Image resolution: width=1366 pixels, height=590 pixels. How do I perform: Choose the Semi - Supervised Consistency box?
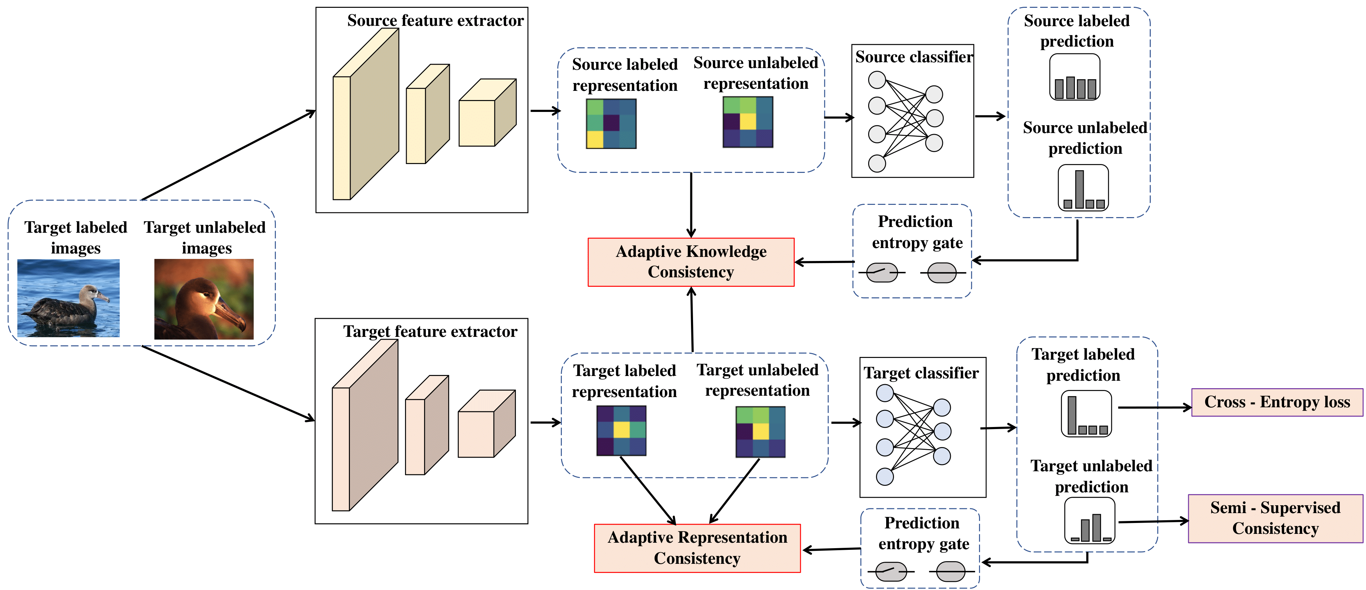coord(1275,518)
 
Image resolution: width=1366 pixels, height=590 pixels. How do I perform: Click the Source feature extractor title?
coord(435,21)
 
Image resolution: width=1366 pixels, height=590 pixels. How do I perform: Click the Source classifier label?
coord(914,57)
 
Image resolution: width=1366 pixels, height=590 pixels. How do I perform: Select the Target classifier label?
coord(921,373)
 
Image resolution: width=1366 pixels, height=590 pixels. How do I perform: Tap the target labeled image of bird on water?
coord(68,298)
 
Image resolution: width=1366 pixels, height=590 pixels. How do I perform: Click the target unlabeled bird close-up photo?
coord(204,299)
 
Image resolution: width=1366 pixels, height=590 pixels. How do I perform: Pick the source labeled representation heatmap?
coord(611,124)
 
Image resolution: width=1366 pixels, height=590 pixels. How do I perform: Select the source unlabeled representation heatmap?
coord(748,122)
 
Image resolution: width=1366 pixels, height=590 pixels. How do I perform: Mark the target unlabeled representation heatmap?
coord(760,432)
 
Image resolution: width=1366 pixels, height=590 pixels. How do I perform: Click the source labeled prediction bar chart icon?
coord(1075,78)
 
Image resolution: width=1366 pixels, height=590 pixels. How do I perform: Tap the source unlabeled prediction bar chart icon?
coord(1083,188)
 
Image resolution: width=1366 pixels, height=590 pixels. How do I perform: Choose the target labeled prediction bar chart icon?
coord(1086,414)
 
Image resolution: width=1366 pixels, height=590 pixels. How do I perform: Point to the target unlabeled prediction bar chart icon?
coord(1090,521)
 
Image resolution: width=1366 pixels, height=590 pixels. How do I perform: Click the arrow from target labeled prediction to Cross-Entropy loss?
coord(1154,408)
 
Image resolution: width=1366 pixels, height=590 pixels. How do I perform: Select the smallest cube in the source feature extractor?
coord(487,113)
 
